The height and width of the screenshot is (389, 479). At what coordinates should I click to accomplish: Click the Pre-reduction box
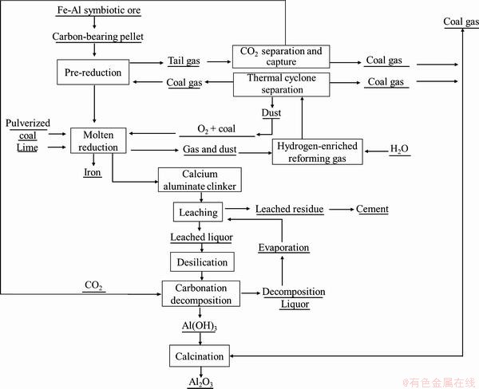[95, 73]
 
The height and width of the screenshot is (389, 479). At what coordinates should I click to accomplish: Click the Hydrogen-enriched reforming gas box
[318, 151]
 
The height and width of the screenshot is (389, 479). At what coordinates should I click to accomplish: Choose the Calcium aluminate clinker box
[199, 179]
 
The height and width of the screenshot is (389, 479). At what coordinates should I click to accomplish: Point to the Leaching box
[197, 212]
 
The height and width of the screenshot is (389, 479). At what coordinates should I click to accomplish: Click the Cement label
[372, 210]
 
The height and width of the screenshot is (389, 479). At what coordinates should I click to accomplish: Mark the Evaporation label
[283, 248]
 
